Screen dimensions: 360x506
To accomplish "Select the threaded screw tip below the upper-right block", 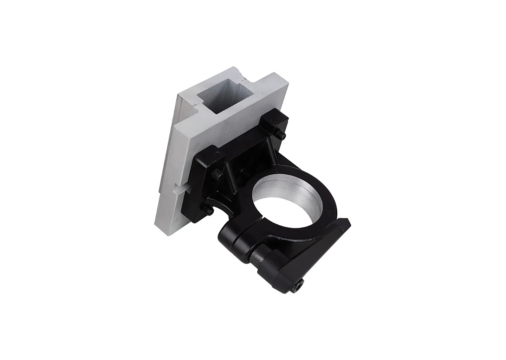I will (281, 135).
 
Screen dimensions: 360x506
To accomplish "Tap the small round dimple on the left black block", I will (219, 153).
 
